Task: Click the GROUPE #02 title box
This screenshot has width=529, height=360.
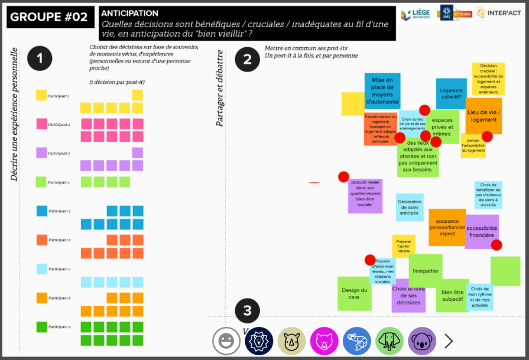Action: point(49,17)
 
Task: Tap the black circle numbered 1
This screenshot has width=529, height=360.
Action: point(40,58)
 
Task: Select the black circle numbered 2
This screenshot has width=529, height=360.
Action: point(247,59)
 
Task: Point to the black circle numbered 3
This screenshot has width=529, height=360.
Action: point(247,311)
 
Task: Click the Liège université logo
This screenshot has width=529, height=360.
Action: point(415,15)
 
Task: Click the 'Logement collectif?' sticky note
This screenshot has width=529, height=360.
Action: point(451,94)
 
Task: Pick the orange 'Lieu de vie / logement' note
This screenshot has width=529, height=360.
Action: point(483,115)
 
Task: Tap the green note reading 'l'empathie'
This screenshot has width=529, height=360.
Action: point(425,271)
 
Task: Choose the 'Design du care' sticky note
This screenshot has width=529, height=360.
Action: point(355,293)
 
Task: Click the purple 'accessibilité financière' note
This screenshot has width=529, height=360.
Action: point(481,231)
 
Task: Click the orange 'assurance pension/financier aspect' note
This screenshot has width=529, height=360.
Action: point(447,227)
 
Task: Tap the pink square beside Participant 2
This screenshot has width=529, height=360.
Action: point(41,124)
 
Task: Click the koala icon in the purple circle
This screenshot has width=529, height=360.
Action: point(422,341)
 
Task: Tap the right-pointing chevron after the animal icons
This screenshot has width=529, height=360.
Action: point(449,340)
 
